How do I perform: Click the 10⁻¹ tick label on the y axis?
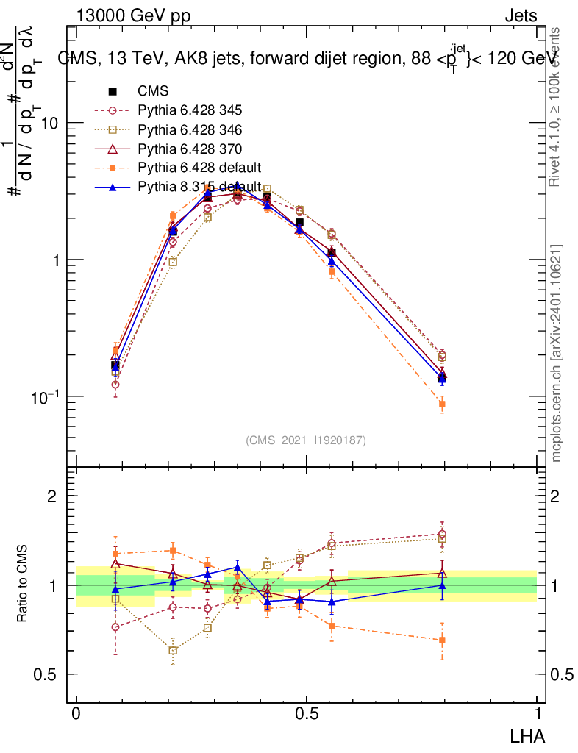pyautogui.click(x=44, y=396)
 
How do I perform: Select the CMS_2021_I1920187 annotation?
pyautogui.click(x=306, y=440)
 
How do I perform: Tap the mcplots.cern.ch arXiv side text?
pyautogui.click(x=557, y=353)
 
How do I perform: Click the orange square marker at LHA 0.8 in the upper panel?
pyautogui.click(x=443, y=404)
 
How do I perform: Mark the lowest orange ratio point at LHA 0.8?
pyautogui.click(x=443, y=640)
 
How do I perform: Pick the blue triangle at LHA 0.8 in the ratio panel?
pyautogui.click(x=443, y=585)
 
